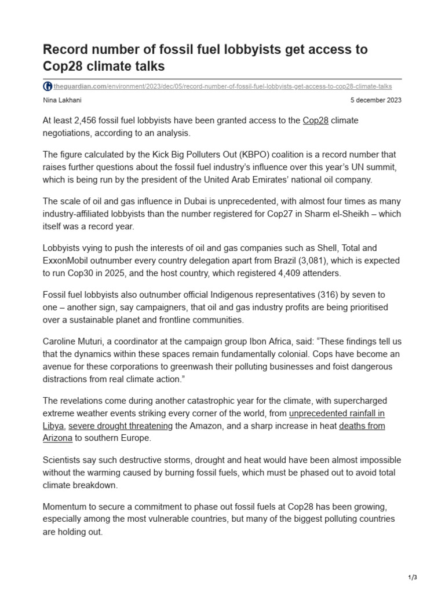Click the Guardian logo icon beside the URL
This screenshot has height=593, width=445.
coord(48,86)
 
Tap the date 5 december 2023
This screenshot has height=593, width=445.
coord(376,100)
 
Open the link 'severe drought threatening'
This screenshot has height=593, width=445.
coord(121,426)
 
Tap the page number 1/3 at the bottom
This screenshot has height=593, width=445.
coord(413,577)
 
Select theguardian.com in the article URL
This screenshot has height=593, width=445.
coord(78,86)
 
